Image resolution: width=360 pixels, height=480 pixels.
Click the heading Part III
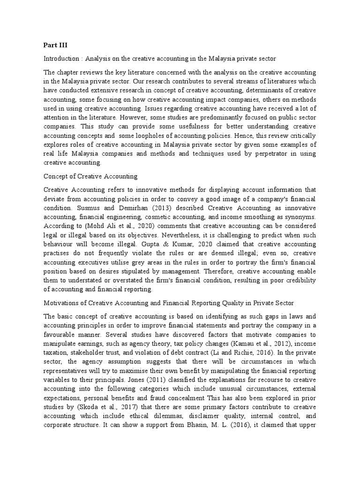(x=55, y=45)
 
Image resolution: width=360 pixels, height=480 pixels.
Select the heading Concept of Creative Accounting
(x=90, y=176)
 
